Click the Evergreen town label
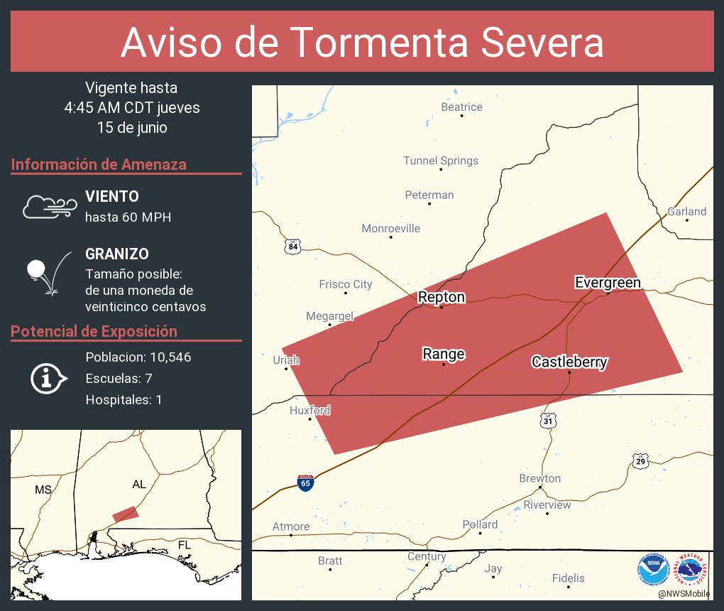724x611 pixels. [608, 283]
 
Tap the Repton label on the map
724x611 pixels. [441, 297]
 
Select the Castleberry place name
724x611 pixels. [569, 362]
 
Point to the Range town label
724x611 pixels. [444, 354]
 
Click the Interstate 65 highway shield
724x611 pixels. [305, 483]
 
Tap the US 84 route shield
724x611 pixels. [293, 247]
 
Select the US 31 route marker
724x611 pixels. [547, 421]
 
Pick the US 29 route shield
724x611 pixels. [640, 462]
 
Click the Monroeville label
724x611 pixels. [390, 229]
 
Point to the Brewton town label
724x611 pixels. [539, 478]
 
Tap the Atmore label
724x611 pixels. [291, 526]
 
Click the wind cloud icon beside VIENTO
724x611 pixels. [49, 207]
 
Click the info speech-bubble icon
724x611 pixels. [48, 379]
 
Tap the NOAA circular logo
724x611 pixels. [653, 570]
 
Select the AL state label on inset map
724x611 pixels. [139, 484]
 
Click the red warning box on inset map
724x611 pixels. [126, 514]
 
